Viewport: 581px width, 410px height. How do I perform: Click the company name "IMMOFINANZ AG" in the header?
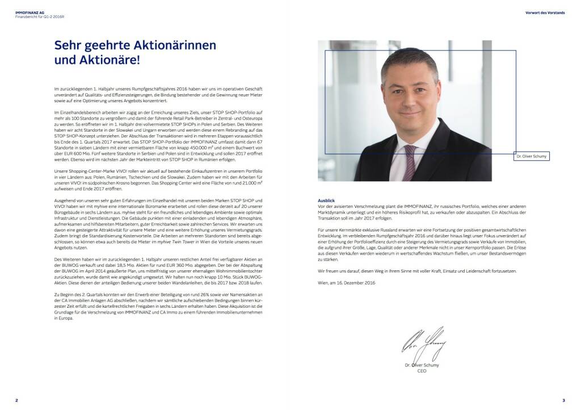click(29, 11)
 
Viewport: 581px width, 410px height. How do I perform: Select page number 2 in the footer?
click(16, 400)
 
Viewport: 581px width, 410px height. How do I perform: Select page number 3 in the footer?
click(563, 400)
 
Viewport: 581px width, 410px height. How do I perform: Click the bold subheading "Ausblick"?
click(326, 200)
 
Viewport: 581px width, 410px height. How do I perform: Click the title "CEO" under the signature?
click(422, 371)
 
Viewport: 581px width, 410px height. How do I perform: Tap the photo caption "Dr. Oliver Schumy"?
click(533, 156)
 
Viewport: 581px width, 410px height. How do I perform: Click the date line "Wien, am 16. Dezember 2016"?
click(346, 283)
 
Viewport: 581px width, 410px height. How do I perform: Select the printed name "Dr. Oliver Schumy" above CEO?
click(422, 365)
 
